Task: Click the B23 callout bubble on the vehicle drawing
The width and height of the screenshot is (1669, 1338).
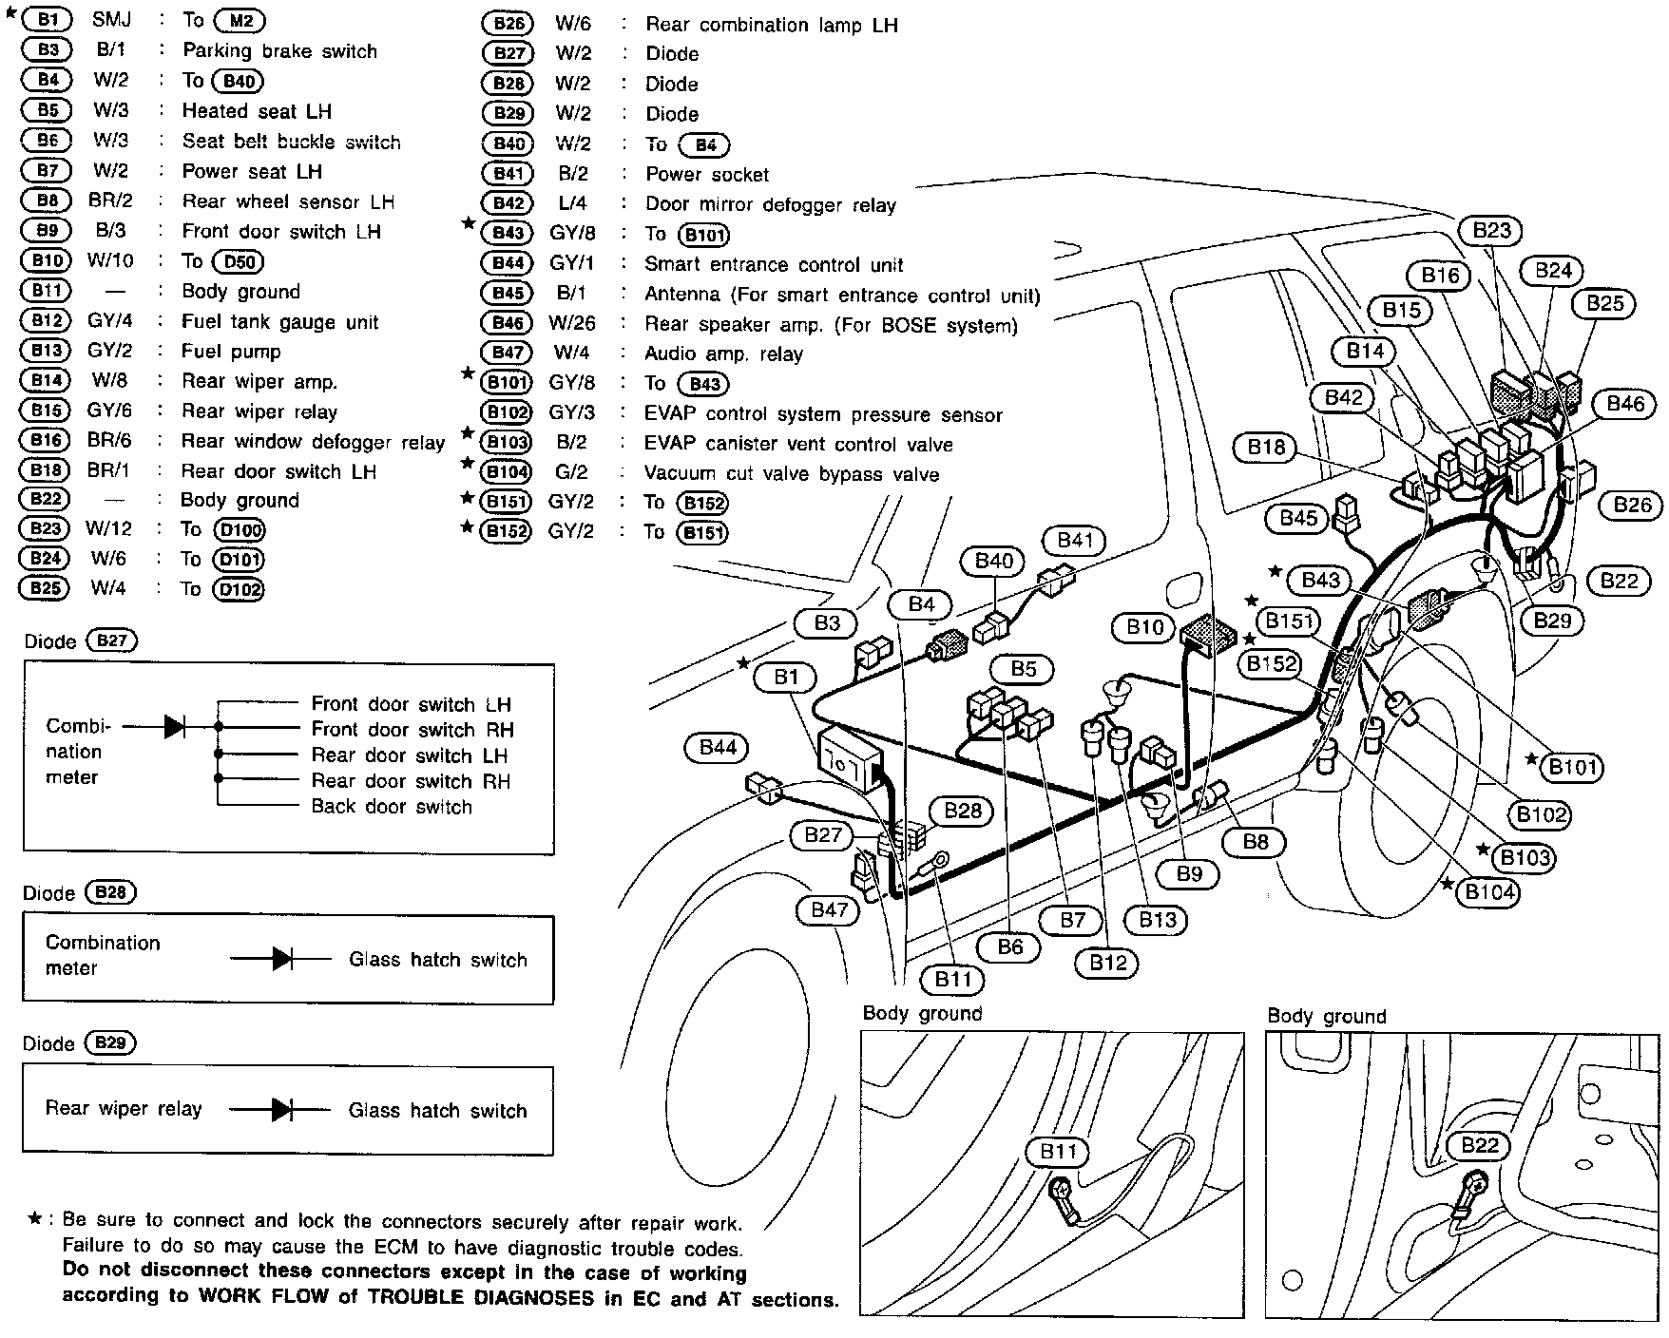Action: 1491,231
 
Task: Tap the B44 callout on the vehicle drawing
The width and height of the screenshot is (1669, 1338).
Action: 718,748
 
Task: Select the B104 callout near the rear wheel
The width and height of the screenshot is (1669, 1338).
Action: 1489,891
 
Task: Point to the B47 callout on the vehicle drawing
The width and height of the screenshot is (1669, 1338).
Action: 829,909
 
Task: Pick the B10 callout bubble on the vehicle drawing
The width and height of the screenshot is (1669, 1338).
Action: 1144,627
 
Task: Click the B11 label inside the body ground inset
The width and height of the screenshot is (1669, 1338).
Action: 1058,1152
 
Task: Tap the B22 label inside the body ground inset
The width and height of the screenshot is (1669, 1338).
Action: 1479,1145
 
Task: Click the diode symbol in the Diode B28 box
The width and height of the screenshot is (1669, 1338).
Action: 282,959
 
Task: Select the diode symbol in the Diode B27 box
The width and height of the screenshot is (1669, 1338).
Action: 175,727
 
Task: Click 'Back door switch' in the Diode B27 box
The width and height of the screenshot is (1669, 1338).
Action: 392,807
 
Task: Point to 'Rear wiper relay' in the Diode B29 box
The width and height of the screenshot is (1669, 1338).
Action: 124,1109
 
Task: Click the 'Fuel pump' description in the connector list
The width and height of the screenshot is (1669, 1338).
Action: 231,352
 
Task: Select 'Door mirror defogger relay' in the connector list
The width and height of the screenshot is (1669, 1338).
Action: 770,204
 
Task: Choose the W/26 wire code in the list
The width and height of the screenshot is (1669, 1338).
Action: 572,323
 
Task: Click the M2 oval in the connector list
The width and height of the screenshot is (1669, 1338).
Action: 240,20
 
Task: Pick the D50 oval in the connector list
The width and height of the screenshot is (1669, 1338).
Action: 238,261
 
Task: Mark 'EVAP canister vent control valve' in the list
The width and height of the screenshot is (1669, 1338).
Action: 798,444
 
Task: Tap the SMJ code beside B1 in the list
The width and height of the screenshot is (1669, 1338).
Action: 112,19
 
